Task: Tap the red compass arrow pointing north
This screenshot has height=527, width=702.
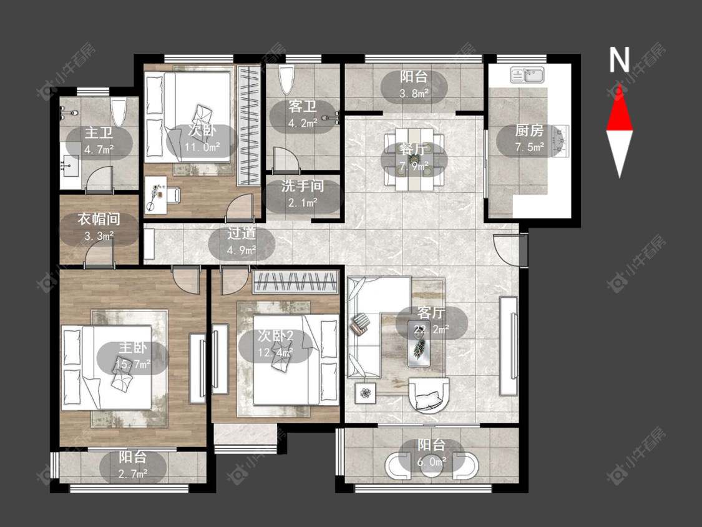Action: coord(620,107)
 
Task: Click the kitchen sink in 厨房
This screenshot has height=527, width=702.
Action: coord(527,75)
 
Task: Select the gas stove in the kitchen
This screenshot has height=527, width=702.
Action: coord(561,141)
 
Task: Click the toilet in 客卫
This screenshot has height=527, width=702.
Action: coord(286,79)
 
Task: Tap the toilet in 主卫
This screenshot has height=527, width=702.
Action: coord(119,112)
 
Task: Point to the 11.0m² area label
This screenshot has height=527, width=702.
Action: coord(202,147)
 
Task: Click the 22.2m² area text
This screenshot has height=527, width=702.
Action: coord(432,330)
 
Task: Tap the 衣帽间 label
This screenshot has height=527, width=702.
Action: coord(99,219)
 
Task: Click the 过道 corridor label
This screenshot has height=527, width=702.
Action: coord(241,233)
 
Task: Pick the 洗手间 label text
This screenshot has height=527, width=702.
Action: coord(303,186)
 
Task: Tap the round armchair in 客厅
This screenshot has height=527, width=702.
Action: coord(429,395)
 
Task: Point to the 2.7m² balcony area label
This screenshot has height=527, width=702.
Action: coord(133,473)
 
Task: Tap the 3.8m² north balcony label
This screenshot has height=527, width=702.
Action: coord(414,93)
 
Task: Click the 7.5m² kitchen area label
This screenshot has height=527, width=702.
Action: coord(530,147)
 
